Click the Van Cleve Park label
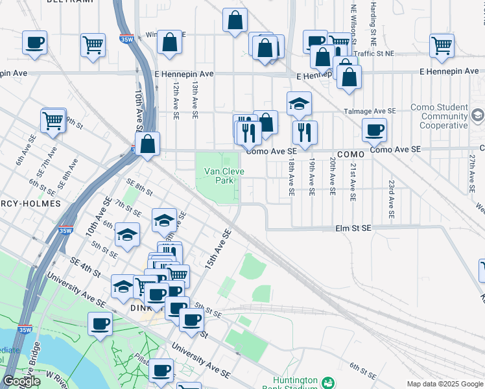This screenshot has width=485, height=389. tap(219, 176)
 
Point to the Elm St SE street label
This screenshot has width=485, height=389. tap(353, 228)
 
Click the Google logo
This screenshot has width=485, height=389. tap(22, 381)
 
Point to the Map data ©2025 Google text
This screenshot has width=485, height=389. tap(445, 384)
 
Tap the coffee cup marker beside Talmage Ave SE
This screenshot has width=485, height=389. tap(375, 130)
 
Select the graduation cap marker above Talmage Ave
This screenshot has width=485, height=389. tap(299, 104)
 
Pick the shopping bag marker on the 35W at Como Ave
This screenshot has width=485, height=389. tap(148, 144)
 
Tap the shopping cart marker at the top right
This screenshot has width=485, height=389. tap(442, 45)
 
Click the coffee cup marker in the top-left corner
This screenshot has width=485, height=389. tap(34, 43)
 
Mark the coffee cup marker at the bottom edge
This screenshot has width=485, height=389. tap(161, 371)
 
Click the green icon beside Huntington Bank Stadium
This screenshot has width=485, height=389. tap(329, 383)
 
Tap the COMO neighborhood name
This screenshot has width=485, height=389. tap(351, 154)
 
